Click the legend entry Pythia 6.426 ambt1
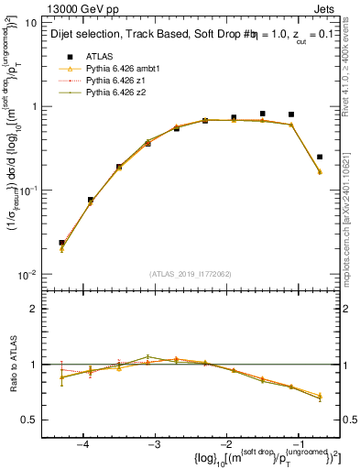point(115,68)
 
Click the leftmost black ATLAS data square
point(62,243)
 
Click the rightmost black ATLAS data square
point(319,157)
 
